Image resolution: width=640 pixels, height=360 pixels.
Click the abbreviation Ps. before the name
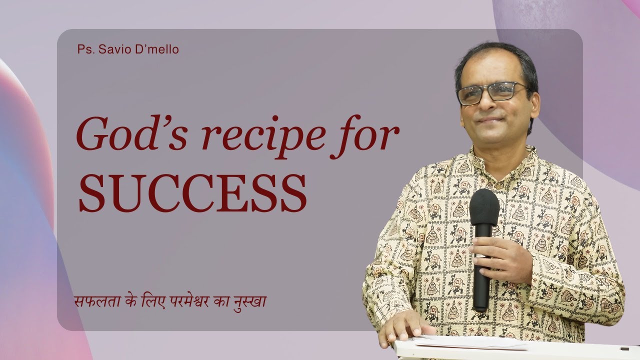83,50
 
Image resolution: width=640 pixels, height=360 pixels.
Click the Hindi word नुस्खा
254,302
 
